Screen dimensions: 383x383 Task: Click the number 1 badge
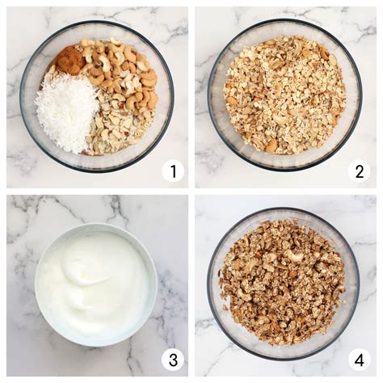click(172, 170)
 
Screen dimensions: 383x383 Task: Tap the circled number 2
click(359, 170)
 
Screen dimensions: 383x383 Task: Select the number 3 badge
click(172, 359)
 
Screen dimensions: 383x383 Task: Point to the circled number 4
click(359, 359)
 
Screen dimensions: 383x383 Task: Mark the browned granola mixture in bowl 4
click(283, 283)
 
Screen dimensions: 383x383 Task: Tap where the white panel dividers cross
click(191, 191)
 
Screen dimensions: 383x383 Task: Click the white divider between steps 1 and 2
click(191, 97)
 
